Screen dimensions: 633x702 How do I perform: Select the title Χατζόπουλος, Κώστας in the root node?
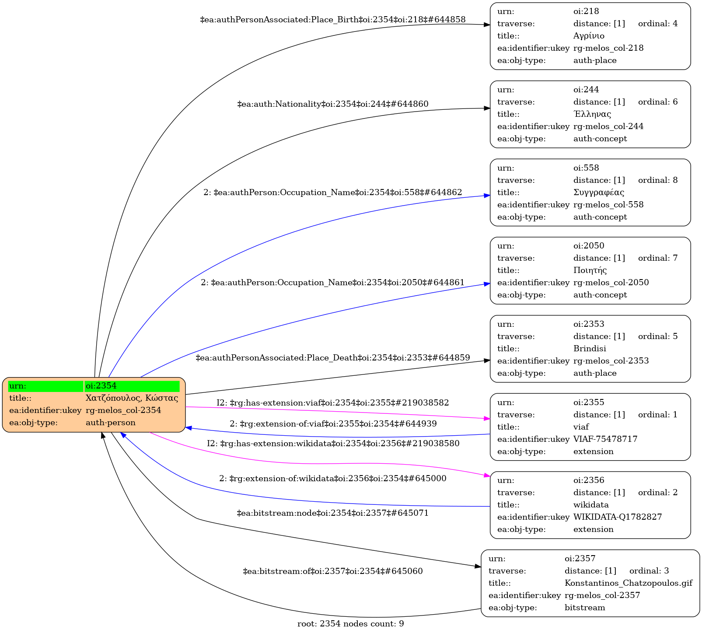click(132, 398)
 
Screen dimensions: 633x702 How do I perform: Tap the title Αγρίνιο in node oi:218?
click(589, 36)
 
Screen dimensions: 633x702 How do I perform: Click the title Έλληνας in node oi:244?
click(592, 114)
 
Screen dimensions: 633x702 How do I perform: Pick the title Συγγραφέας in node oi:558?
click(598, 192)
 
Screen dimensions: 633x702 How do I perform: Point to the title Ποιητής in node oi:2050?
click(590, 270)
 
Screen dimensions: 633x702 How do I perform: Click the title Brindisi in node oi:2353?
click(590, 349)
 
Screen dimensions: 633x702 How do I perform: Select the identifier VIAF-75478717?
click(605, 439)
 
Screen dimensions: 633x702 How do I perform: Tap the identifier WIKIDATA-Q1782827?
click(617, 517)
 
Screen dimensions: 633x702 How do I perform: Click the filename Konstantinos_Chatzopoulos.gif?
click(628, 583)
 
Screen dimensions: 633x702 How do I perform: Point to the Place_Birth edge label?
click(332, 20)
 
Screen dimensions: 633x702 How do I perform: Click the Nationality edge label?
click(332, 104)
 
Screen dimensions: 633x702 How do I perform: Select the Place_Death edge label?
click(332, 358)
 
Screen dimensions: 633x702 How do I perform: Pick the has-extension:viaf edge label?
click(332, 402)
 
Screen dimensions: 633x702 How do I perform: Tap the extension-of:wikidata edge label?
click(332, 479)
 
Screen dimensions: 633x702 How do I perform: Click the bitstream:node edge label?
click(332, 513)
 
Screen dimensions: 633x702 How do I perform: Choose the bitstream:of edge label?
click(332, 571)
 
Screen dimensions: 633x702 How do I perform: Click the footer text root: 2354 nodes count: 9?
click(350, 624)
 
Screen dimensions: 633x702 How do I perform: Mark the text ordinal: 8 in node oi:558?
click(657, 180)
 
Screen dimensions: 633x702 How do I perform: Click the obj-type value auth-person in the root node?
click(110, 423)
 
